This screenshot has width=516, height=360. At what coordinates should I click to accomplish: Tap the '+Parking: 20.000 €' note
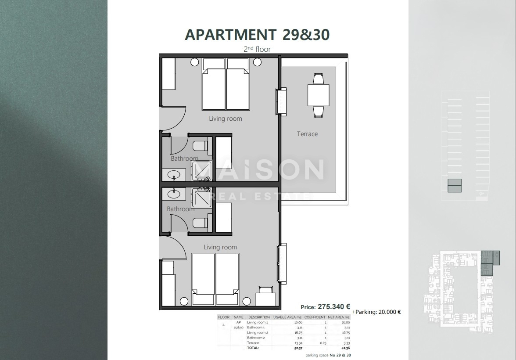(x=376, y=312)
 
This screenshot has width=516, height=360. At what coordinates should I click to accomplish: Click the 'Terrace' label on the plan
(x=307, y=134)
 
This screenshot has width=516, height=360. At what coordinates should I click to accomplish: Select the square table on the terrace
(x=318, y=95)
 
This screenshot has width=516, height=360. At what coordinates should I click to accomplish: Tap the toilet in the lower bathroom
(x=201, y=223)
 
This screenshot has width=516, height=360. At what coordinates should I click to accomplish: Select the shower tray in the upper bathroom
(x=201, y=171)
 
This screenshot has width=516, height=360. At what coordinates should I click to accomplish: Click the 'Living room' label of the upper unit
(x=225, y=119)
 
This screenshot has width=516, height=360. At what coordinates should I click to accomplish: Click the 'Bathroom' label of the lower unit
(x=180, y=209)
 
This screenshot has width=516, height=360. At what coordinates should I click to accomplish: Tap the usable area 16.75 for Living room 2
(x=299, y=332)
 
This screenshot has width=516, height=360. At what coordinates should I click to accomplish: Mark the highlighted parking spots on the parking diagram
(x=454, y=186)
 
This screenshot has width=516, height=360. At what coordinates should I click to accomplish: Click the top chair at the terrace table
(x=318, y=79)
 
